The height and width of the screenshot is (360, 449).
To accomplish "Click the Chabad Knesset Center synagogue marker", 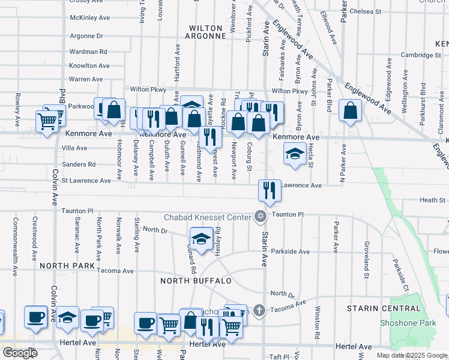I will (260, 216).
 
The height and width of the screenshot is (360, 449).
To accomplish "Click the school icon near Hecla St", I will (295, 154).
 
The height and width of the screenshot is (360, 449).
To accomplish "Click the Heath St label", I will (432, 200).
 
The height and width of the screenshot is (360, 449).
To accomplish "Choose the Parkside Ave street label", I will (290, 251).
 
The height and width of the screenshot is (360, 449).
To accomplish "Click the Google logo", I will (19, 353).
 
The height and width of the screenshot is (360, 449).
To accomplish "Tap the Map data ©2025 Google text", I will (412, 355).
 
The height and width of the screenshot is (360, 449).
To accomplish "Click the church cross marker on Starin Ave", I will (259, 310).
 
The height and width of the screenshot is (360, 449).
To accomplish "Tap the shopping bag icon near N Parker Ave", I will (350, 110).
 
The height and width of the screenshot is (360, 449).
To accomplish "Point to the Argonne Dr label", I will (86, 36).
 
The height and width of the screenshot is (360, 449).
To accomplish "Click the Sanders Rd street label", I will (79, 164).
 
